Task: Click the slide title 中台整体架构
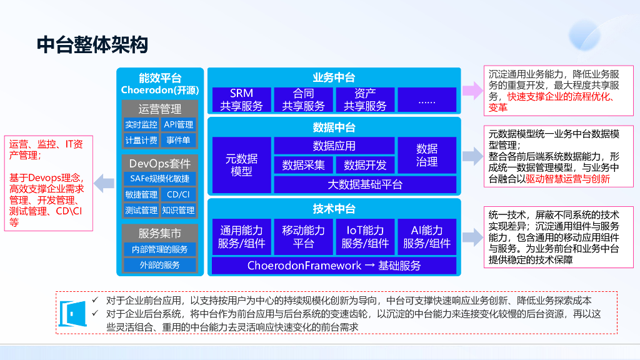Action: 92,45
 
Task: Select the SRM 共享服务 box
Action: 241,100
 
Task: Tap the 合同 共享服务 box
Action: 303,100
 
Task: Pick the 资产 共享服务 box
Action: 366,100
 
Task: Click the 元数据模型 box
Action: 241,165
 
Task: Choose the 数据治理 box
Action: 427,156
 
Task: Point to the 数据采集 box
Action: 303,165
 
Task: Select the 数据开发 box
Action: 366,165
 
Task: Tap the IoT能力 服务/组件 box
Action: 366,237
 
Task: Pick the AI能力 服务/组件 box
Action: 427,237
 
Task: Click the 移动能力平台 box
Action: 303,237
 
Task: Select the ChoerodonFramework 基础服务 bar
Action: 334,266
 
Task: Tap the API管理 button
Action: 179,124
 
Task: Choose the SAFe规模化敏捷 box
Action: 160,179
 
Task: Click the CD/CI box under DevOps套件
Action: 178,194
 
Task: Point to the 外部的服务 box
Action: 160,265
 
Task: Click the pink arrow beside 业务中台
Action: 473,91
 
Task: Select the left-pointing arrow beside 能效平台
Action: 104,184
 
